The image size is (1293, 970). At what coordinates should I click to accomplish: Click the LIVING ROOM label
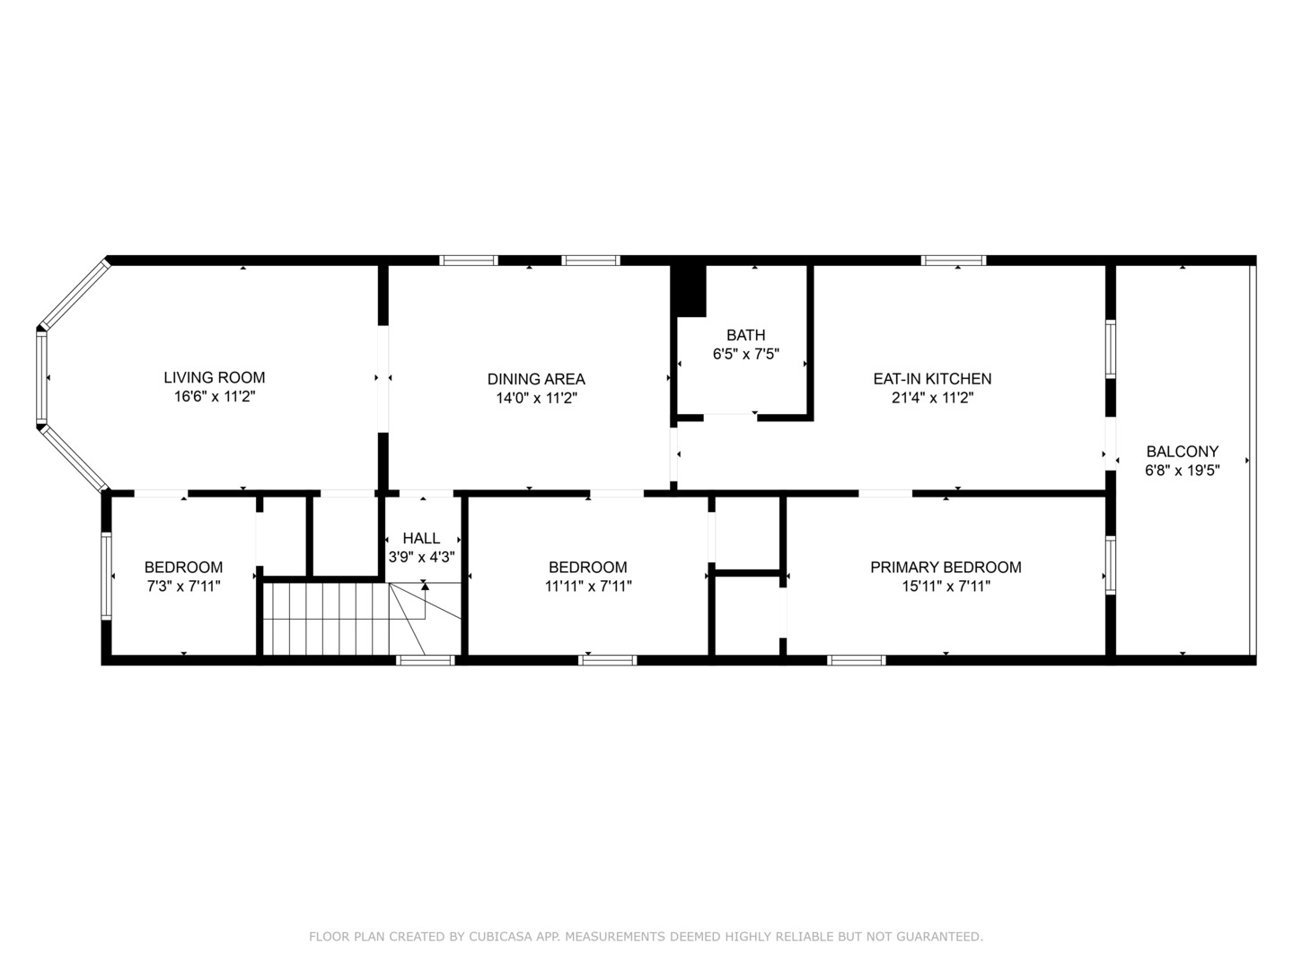[215, 377]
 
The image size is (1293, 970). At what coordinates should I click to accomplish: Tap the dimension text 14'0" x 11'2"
[536, 398]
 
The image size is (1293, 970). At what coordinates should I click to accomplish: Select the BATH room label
[745, 335]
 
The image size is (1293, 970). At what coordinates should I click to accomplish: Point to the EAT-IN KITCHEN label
[932, 378]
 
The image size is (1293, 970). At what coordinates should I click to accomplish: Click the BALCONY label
[1182, 451]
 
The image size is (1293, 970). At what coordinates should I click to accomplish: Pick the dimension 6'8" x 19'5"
[1182, 471]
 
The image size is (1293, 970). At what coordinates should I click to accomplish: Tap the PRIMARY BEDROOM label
[946, 567]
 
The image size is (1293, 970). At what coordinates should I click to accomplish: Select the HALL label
[421, 538]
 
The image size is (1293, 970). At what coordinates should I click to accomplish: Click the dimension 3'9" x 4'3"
[421, 557]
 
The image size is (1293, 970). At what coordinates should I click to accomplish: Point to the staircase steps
[323, 620]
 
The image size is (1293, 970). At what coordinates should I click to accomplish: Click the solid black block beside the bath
[690, 290]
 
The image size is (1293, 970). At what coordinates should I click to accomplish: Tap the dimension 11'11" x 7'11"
[588, 586]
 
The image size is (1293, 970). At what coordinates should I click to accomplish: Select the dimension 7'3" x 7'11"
[183, 586]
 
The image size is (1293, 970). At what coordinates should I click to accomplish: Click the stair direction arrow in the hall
[425, 586]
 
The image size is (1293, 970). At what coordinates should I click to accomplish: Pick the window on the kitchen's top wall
[953, 260]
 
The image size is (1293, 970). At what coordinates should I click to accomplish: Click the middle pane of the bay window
[41, 378]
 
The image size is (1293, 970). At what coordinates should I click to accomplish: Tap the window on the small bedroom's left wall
[107, 575]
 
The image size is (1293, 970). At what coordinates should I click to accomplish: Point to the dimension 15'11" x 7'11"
[946, 586]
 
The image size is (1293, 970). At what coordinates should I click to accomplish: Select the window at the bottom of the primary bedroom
[856, 660]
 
